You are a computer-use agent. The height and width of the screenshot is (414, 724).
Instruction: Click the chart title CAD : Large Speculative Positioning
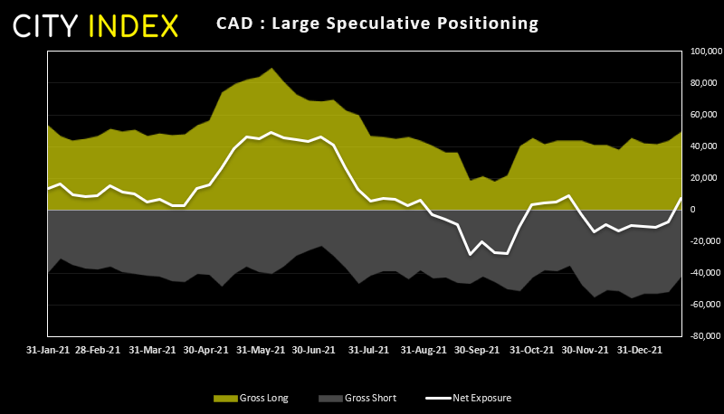(377, 23)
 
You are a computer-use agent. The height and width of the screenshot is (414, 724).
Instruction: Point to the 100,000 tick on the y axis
(702, 52)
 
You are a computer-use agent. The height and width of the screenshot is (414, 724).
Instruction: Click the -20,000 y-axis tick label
(703, 241)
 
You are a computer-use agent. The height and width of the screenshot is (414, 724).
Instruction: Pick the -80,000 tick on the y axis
(703, 336)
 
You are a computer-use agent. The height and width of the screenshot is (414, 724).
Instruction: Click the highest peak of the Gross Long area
(273, 68)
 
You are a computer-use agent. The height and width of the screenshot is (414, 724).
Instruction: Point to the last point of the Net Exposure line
(681, 198)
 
